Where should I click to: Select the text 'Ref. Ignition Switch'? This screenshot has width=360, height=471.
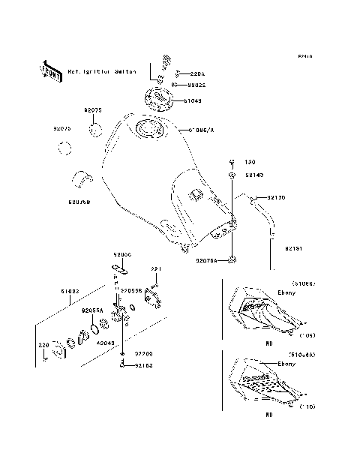(x=102, y=72)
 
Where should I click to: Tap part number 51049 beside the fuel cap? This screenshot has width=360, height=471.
(x=190, y=99)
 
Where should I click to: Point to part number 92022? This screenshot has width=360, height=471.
(x=190, y=85)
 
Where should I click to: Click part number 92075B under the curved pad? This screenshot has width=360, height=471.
(x=79, y=202)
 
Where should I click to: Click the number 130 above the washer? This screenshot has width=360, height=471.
(x=250, y=161)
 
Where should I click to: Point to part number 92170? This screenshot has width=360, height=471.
(x=275, y=197)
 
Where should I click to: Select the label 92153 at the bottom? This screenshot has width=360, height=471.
(x=145, y=366)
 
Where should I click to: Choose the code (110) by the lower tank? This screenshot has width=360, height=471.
(x=307, y=405)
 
